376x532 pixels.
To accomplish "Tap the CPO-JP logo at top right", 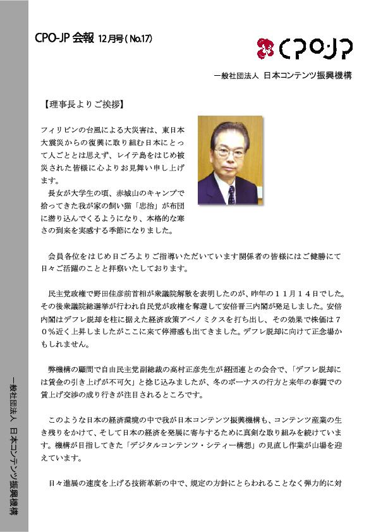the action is pyautogui.click(x=305, y=47).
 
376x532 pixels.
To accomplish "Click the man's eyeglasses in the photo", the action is pyautogui.click(x=229, y=152).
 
